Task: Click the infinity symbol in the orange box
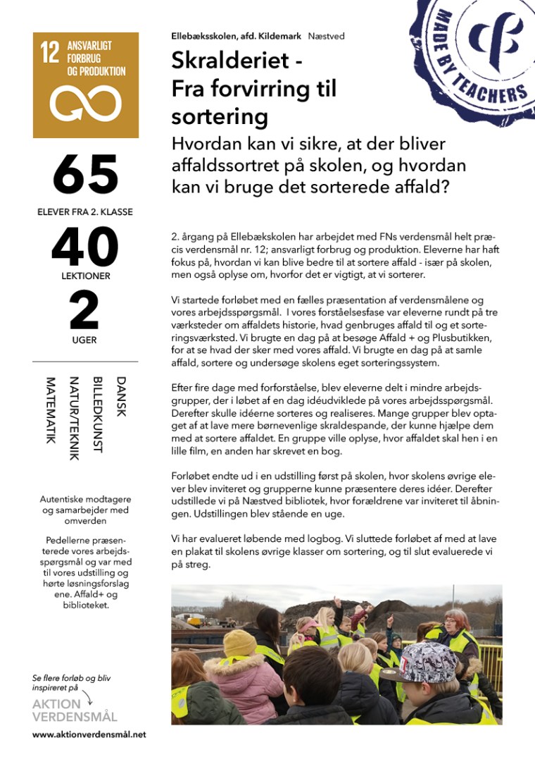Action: pos(85,104)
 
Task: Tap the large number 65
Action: pos(85,174)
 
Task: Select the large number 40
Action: pos(84,248)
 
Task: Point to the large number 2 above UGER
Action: pos(84,311)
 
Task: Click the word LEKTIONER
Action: pos(84,276)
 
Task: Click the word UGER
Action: pos(84,340)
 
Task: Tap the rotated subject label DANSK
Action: pos(120,397)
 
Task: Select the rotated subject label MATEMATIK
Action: pos(51,410)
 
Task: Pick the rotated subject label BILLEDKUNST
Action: pos(97,414)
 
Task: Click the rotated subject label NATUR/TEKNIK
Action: pos(74,417)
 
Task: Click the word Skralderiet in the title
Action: pos(230,61)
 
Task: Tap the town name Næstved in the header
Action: pos(327,36)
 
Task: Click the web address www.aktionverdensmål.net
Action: pos(89,734)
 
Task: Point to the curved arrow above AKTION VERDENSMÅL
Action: pos(87,697)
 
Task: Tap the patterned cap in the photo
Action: pos(429,661)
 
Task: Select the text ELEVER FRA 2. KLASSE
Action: pos(85,211)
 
